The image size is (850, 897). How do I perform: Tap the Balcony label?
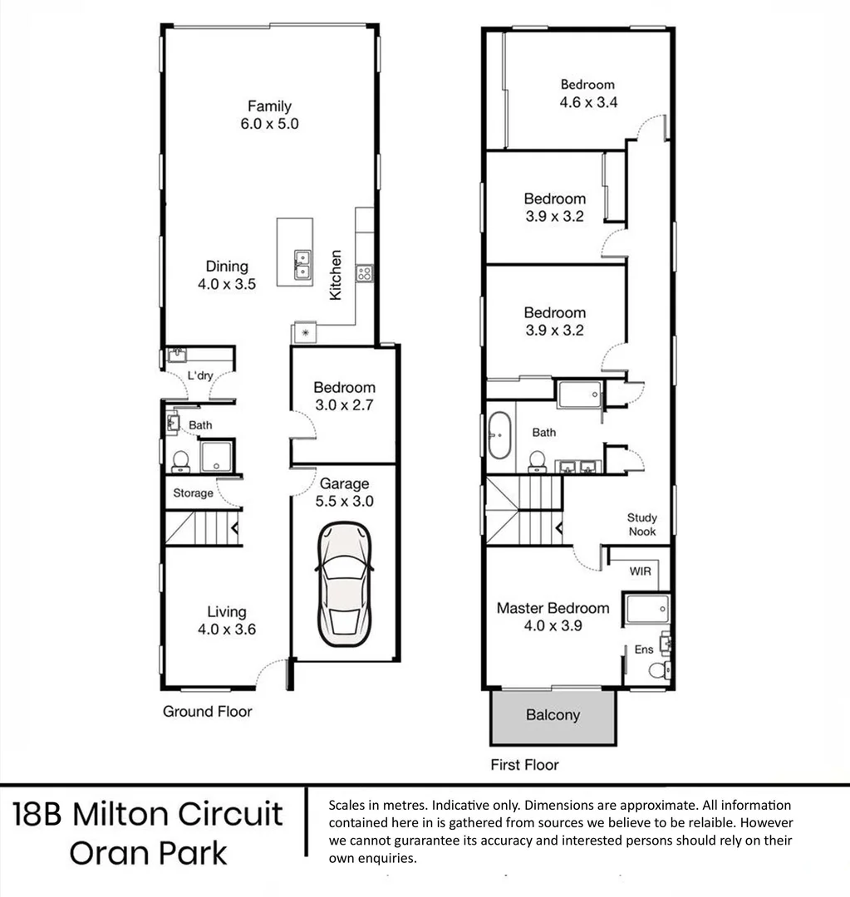point(553,715)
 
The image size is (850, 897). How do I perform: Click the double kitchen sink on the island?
point(301,264)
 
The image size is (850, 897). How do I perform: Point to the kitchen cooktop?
point(364,272)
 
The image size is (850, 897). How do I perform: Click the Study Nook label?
point(641,525)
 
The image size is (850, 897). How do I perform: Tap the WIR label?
point(640,572)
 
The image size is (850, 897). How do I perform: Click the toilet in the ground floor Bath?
point(179,461)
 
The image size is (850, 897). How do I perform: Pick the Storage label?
point(193,493)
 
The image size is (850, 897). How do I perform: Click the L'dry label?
point(200,376)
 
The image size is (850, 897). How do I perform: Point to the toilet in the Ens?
point(660,670)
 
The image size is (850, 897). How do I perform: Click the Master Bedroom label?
point(553,608)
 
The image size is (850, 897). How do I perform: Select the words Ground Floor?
point(207,711)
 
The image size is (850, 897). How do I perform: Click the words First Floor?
point(524,765)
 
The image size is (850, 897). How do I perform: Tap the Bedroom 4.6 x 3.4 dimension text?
point(587,102)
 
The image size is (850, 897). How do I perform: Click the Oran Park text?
point(148,853)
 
